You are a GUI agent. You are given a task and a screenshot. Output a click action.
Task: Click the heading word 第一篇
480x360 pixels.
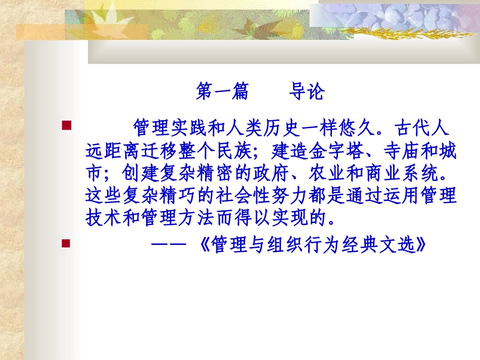tap(222, 92)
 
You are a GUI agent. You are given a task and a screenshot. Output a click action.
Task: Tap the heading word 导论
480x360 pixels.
tap(306, 92)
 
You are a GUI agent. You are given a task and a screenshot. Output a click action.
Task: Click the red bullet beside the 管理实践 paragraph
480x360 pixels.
tap(66, 124)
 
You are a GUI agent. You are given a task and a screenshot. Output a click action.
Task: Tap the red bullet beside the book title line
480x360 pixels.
tap(66, 243)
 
